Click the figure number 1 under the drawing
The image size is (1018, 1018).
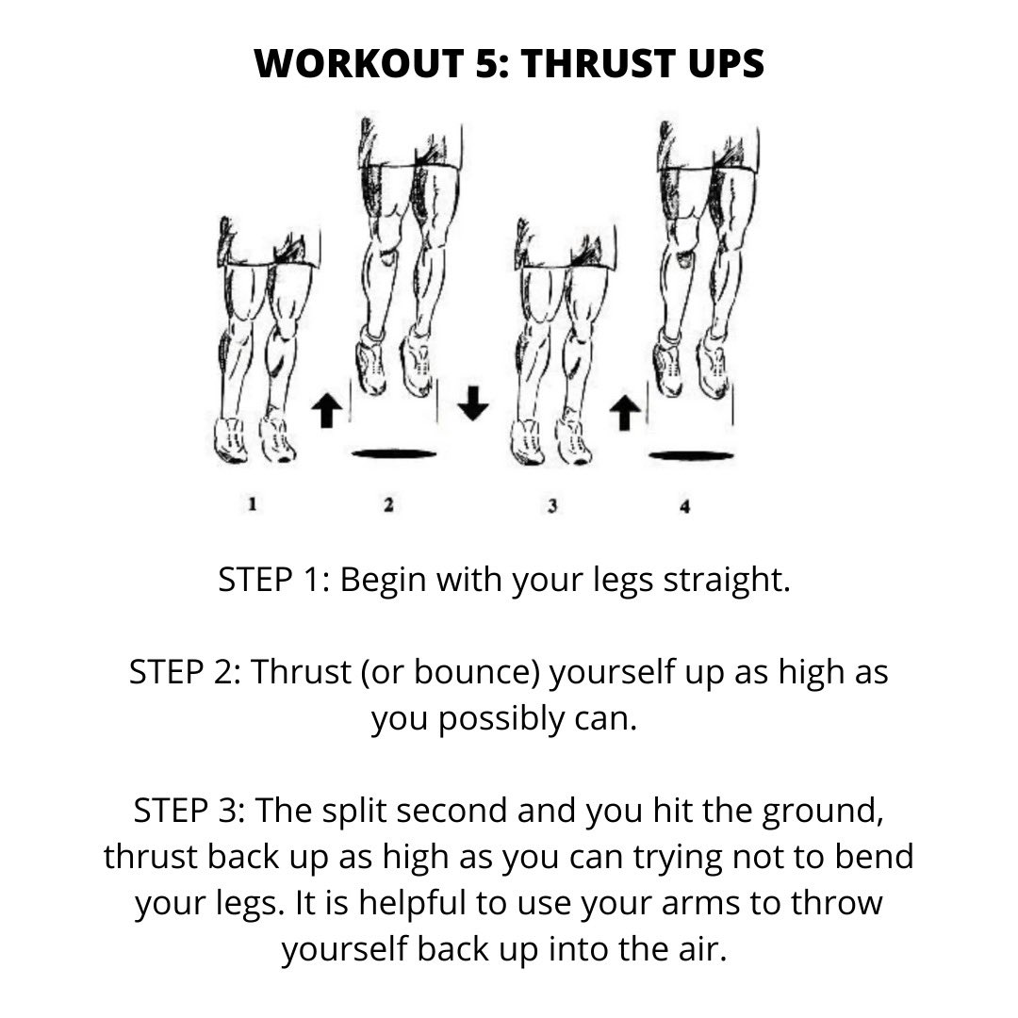[x=252, y=504]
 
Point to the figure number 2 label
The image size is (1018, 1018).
[x=388, y=505]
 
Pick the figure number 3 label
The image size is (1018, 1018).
[x=551, y=506]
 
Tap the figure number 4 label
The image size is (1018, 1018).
[x=684, y=507]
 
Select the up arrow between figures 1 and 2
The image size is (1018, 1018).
[x=326, y=411]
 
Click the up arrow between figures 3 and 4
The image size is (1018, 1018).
[x=623, y=412]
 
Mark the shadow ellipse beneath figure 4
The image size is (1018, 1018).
[x=691, y=455]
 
